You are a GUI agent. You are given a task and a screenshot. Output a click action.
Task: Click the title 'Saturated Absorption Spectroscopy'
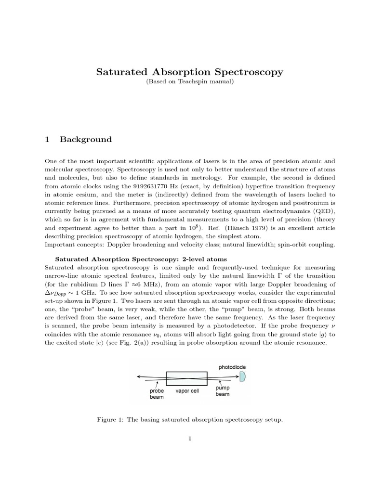pos(189,72)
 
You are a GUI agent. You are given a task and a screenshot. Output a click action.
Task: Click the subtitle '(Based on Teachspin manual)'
pos(189,82)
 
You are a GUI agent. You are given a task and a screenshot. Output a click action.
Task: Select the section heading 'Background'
pos(85,140)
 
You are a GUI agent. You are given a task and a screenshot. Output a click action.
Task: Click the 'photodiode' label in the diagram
pos(233,367)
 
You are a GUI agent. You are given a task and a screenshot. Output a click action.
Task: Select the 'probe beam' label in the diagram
pos(157,394)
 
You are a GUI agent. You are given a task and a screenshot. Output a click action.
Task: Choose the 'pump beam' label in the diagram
pos(223,391)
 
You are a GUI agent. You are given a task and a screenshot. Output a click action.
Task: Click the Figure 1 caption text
pos(189,420)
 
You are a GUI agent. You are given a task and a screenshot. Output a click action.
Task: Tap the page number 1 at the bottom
pos(190,452)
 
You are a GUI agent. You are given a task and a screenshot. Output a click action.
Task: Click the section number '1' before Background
pos(47,140)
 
